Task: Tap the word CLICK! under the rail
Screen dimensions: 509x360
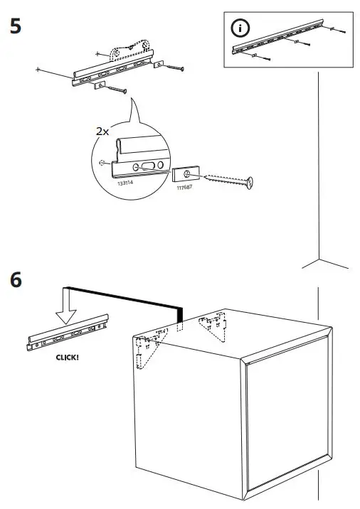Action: pyautogui.click(x=67, y=358)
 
